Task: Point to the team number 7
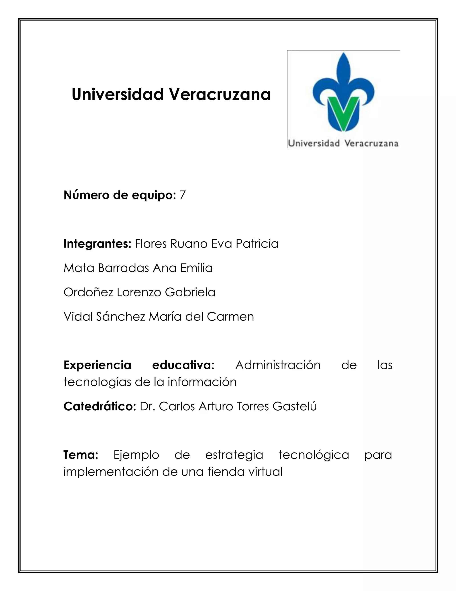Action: (x=183, y=195)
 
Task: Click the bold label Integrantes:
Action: (x=97, y=244)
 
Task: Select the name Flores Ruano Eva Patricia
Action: (x=207, y=244)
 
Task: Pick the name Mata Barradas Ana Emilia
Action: (x=138, y=268)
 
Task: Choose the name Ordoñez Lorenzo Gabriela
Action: (x=139, y=292)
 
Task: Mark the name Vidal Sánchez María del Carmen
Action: (x=159, y=317)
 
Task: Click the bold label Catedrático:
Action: (x=100, y=406)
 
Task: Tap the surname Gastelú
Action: (x=294, y=406)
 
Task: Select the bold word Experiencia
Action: (x=97, y=365)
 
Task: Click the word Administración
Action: (x=278, y=365)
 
